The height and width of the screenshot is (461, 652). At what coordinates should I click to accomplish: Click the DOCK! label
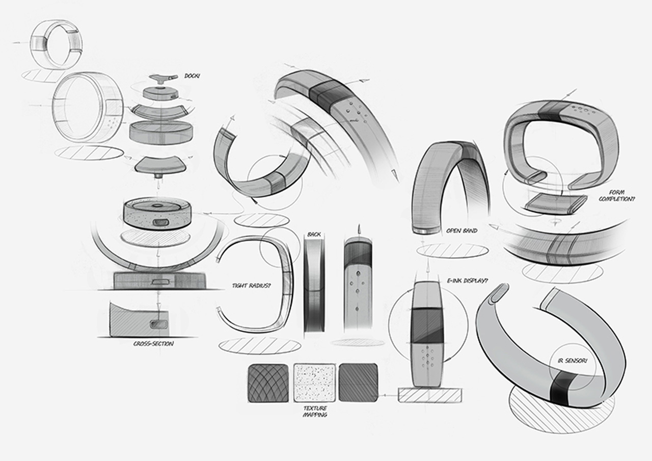point(192,75)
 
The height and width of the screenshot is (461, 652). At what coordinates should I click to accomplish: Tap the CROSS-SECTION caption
point(153,344)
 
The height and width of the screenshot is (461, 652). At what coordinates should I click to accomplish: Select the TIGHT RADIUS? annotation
point(251,285)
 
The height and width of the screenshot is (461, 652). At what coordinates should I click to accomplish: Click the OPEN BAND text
point(461,231)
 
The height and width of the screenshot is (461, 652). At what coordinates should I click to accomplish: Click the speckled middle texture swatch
point(314,382)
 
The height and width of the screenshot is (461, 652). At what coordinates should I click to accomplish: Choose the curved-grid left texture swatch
point(268,382)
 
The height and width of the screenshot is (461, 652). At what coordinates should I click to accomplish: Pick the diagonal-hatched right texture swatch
point(358,382)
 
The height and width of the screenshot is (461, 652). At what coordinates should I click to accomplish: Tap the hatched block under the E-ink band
point(429,395)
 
